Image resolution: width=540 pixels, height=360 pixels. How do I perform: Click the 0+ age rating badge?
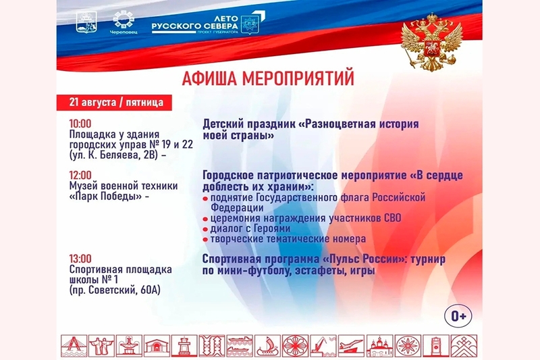point(458,315)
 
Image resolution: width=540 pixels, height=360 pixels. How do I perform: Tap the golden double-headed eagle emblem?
point(431,42)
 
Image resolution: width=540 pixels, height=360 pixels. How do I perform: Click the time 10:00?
point(80,124)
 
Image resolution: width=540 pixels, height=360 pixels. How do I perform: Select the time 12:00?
point(80,175)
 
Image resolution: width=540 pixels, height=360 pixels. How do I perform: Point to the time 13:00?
point(80,259)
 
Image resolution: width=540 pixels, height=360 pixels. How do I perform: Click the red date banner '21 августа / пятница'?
point(114,103)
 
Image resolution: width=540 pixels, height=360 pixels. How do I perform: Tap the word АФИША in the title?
point(209,78)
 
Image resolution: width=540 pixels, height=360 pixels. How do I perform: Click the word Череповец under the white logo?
point(124,32)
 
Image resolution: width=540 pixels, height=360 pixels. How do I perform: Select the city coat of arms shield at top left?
point(86,22)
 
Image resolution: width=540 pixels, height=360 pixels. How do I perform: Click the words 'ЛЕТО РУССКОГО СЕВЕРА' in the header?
point(194,22)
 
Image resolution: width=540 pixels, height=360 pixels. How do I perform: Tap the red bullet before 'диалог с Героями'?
point(205,230)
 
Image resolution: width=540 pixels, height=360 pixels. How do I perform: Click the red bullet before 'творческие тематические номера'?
point(205,240)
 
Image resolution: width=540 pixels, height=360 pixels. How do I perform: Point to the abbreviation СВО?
point(391,218)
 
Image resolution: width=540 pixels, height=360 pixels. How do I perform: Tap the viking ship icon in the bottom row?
point(267,346)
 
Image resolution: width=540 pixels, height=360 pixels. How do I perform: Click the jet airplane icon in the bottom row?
point(351,346)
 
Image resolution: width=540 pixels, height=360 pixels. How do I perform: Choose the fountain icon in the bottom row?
point(129,346)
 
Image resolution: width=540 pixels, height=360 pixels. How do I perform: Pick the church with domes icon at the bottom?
point(379,346)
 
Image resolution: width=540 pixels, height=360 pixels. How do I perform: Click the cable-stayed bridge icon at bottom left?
point(74,346)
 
